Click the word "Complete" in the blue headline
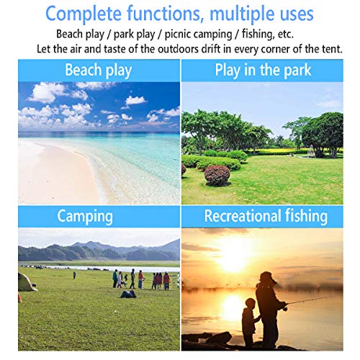click(84, 14)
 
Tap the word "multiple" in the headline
click(242, 14)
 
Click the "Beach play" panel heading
click(99, 70)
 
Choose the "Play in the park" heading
click(263, 70)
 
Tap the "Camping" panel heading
click(85, 216)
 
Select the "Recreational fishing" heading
click(266, 216)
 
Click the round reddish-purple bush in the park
click(217, 175)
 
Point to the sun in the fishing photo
click(233, 258)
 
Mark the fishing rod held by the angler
click(310, 300)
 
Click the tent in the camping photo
click(27, 282)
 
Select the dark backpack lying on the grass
click(128, 294)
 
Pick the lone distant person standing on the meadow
click(74, 275)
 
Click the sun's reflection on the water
click(233, 307)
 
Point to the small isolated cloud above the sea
click(135, 100)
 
